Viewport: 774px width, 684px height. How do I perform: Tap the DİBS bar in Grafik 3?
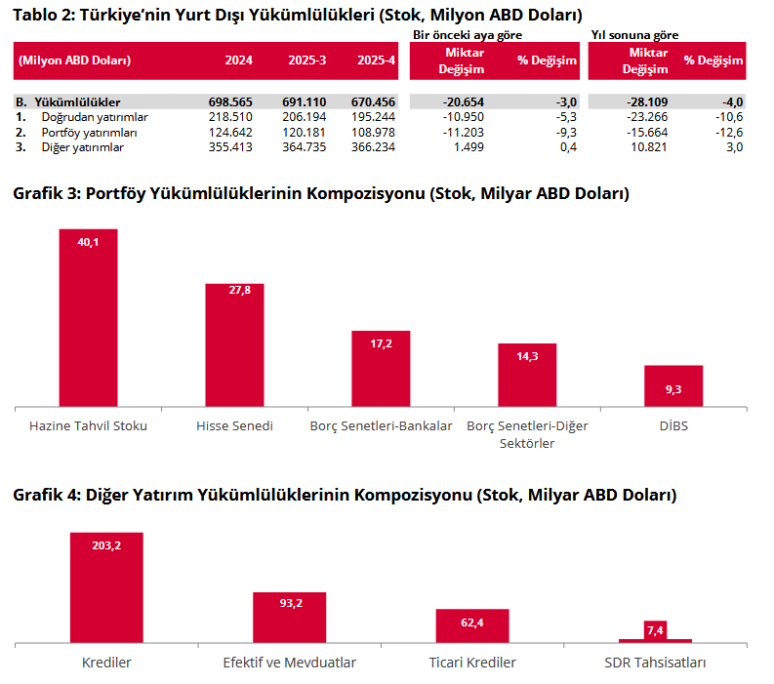click(x=673, y=385)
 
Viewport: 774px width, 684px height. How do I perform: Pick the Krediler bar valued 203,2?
click(x=106, y=587)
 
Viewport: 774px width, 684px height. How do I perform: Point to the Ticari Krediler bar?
click(x=472, y=625)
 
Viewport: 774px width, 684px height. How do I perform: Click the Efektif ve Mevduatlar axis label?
click(x=290, y=663)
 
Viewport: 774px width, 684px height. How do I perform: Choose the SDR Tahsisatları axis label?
click(x=655, y=663)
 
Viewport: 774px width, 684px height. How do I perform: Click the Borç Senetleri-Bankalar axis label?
click(x=381, y=426)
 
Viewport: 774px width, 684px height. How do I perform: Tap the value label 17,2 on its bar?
click(x=381, y=344)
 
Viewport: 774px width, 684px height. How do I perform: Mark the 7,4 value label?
click(x=655, y=630)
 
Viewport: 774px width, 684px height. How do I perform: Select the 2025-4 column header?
click(x=377, y=60)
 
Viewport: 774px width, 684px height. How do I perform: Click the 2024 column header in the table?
click(x=238, y=60)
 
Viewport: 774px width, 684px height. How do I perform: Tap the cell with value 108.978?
click(x=377, y=132)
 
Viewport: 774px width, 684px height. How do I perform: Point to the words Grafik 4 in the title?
click(x=47, y=495)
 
